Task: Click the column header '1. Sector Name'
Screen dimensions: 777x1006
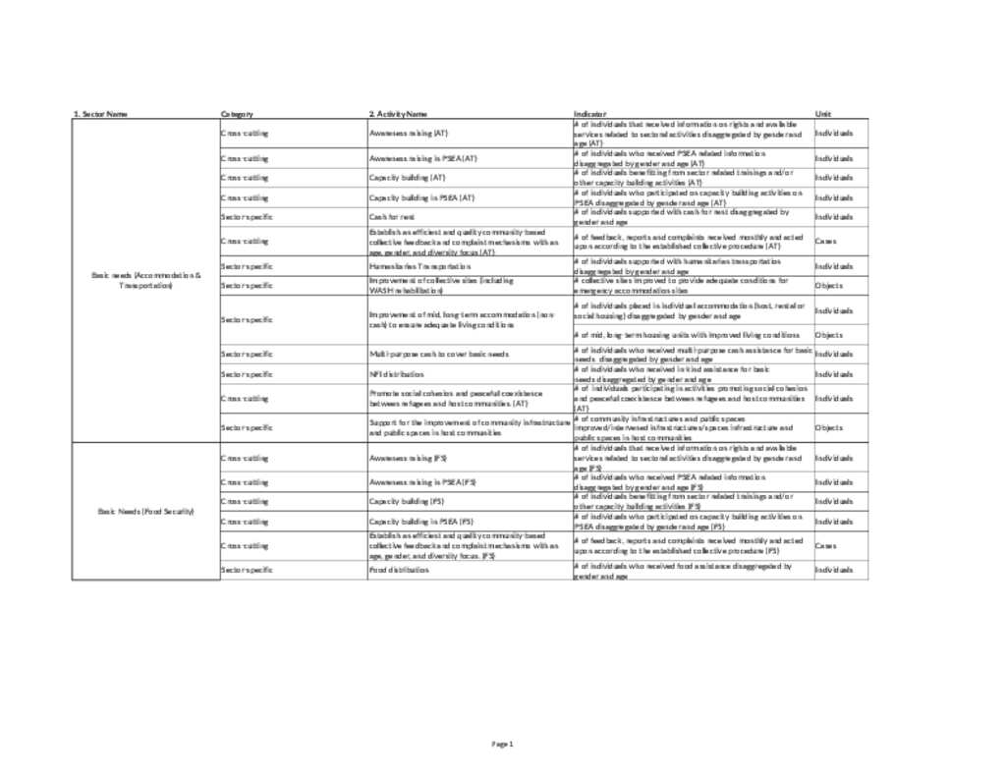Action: [99, 114]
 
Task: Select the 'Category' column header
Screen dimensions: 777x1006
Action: [238, 114]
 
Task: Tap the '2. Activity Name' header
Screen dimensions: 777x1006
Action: [398, 114]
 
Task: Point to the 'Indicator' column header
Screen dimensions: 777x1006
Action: [589, 114]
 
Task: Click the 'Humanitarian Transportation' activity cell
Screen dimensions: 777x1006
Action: [414, 266]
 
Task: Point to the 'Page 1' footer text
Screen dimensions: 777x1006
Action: [503, 744]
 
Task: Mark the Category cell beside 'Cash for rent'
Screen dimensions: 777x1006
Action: [247, 216]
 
